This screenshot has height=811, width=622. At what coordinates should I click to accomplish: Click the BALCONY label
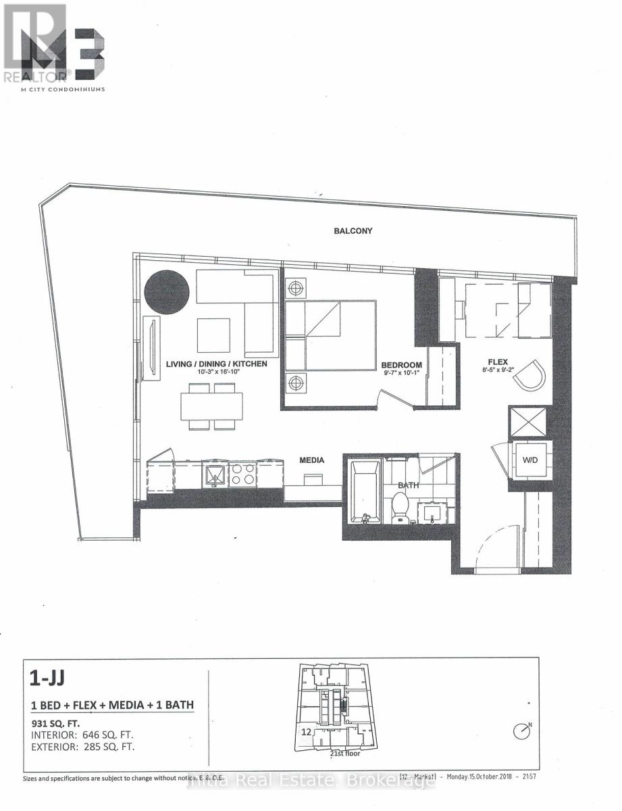click(353, 231)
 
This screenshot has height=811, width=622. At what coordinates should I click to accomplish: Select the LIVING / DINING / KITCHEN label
click(216, 364)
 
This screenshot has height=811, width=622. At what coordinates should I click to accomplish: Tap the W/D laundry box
click(531, 461)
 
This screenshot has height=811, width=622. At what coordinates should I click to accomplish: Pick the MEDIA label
click(312, 460)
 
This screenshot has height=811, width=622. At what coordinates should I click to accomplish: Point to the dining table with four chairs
click(211, 407)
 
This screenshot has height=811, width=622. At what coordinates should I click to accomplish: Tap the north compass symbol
click(521, 731)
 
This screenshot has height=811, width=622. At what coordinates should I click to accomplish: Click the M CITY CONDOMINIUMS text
click(54, 89)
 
